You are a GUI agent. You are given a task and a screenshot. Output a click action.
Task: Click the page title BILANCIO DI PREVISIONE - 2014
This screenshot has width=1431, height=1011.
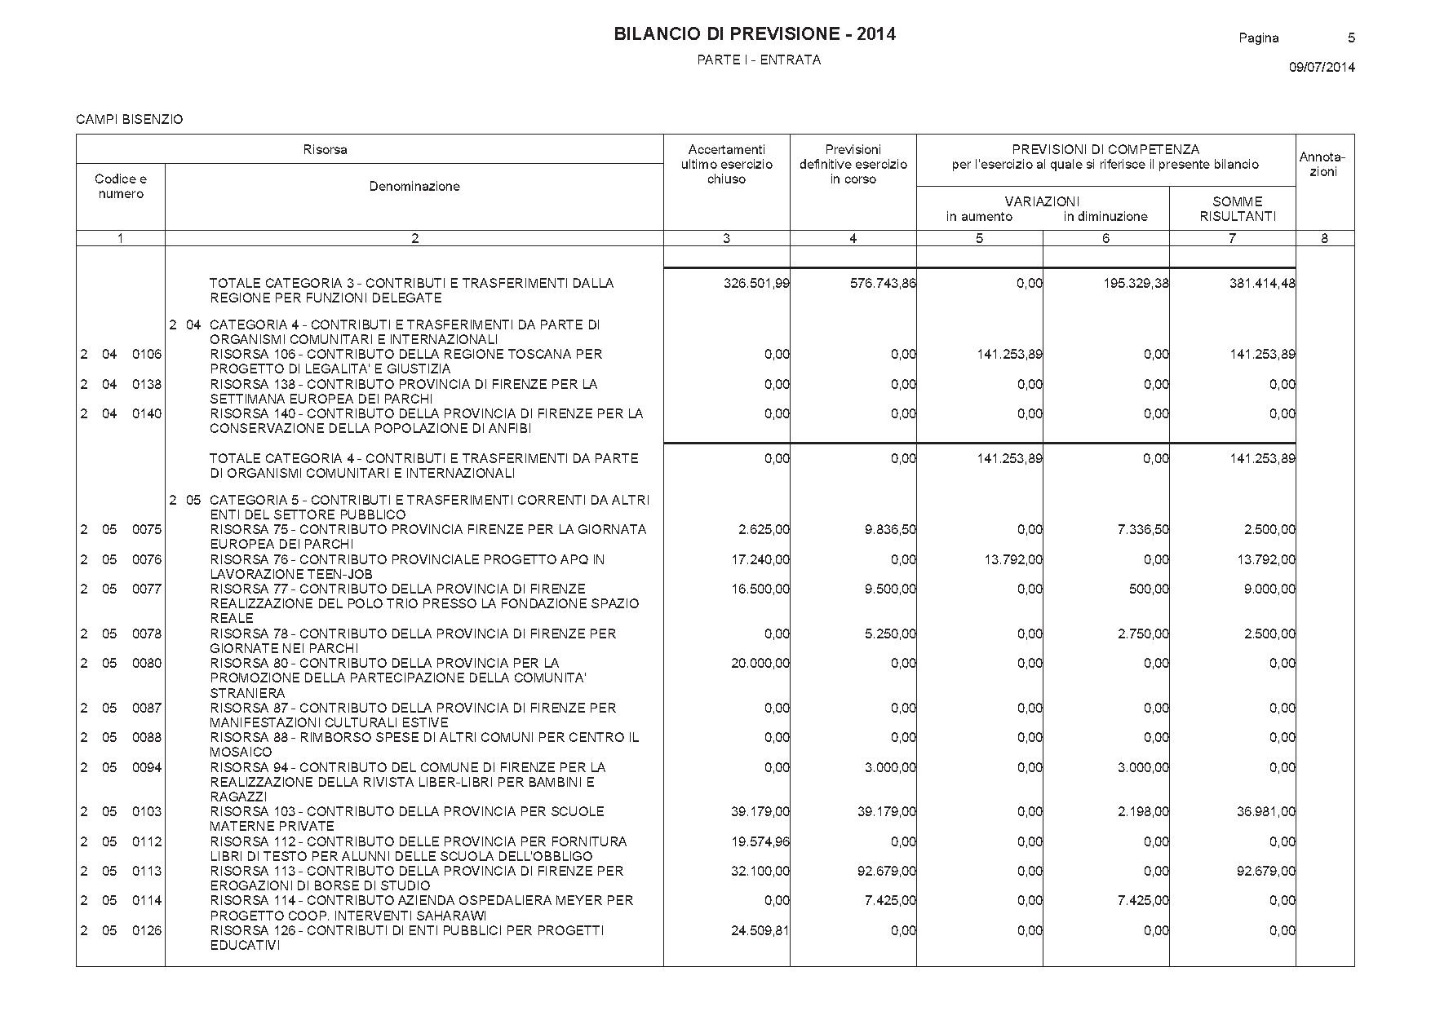(754, 34)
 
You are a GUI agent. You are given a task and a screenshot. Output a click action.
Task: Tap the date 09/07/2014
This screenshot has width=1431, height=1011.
(1322, 68)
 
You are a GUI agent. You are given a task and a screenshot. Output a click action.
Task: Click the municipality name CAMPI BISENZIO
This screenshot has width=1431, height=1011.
(129, 120)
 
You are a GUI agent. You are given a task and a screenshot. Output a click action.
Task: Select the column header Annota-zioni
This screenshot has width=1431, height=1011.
(1322, 165)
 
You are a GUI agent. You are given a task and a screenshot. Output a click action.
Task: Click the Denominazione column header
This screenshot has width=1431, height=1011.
(414, 187)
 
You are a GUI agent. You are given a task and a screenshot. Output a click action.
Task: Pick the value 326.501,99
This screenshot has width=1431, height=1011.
(756, 284)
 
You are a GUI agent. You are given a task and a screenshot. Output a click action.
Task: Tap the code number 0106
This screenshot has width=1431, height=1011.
(147, 355)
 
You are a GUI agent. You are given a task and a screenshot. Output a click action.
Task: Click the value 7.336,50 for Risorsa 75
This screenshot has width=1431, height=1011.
(1143, 530)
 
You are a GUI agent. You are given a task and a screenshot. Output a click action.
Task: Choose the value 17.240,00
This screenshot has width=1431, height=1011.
(760, 560)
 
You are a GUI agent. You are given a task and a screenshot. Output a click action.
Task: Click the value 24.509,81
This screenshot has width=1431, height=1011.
(760, 930)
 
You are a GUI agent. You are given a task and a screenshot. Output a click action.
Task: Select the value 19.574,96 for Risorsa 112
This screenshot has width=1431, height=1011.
(760, 841)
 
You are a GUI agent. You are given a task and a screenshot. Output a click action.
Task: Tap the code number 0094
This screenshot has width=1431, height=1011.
(147, 767)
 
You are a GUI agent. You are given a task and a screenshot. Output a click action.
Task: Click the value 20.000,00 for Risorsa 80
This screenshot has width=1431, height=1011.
(760, 664)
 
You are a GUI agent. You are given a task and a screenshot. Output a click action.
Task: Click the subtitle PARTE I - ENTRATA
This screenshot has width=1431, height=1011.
(759, 60)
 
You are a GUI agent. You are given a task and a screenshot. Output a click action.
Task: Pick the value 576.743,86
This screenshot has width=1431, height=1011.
(883, 284)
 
